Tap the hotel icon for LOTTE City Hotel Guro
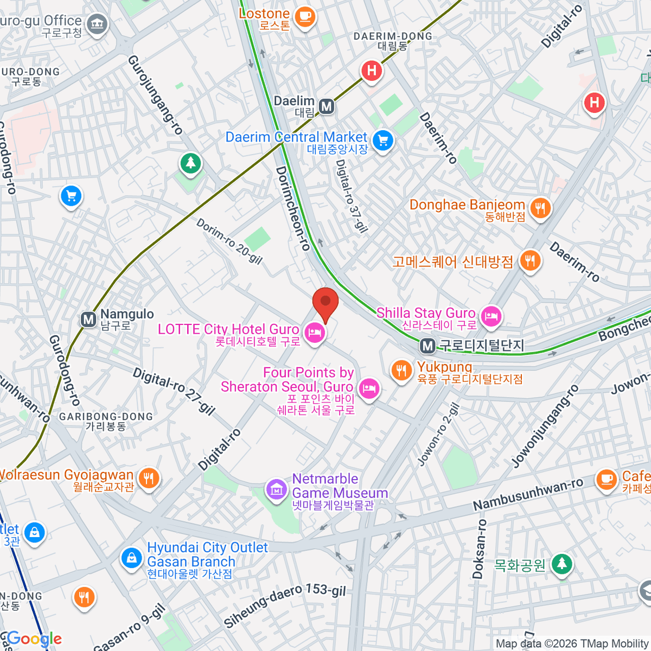[x=315, y=332]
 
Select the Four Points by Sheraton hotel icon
[x=369, y=388]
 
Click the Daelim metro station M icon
[x=327, y=106]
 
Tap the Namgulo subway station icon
[x=88, y=320]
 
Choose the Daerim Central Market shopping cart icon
[x=383, y=141]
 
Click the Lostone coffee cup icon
[x=305, y=15]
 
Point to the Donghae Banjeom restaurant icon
[x=540, y=208]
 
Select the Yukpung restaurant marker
[x=401, y=371]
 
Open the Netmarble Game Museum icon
[x=277, y=489]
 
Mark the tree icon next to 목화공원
[x=562, y=564]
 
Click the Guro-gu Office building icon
[x=98, y=23]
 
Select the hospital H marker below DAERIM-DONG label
[x=372, y=71]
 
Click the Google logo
[x=35, y=639]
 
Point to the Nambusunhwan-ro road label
[x=528, y=494]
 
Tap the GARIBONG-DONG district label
[x=106, y=417]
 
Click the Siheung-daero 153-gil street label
[x=285, y=604]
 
